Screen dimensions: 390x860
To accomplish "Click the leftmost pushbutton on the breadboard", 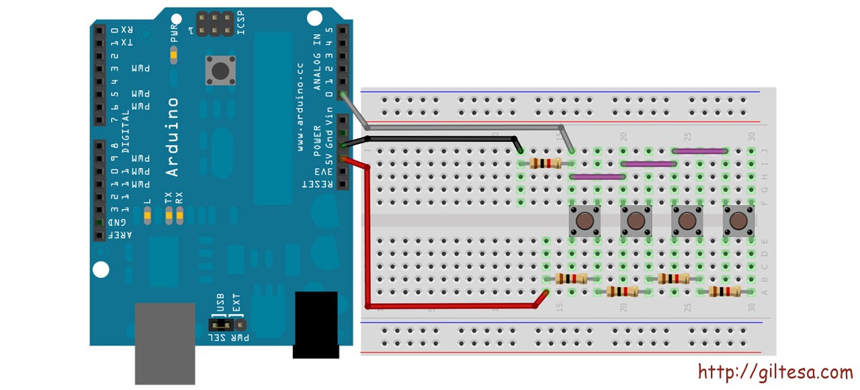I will (585, 221).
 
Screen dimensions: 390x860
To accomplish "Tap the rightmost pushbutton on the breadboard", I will (738, 221).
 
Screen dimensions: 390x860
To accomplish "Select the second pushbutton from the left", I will (636, 221).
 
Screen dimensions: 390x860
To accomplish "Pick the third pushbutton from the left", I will (687, 221).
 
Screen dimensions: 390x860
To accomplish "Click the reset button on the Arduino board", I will (219, 71).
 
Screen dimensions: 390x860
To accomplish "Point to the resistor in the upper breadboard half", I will (545, 163).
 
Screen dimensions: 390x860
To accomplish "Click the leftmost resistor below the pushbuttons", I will (570, 279).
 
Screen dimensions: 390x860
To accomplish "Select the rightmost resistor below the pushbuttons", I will (724, 292).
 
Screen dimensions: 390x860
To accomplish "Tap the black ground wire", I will (437, 139).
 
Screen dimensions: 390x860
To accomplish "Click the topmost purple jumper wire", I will (699, 151).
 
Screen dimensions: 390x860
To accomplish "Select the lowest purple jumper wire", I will (597, 177).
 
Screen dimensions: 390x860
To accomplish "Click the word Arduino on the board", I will (172, 137).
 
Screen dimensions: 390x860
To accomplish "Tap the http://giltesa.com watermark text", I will (775, 372).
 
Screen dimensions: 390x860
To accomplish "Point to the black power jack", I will (315, 324).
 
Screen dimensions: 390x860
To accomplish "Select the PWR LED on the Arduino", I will (174, 54).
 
